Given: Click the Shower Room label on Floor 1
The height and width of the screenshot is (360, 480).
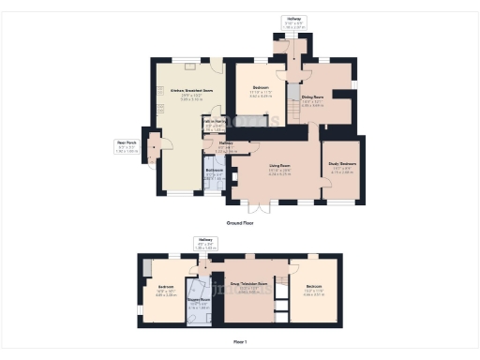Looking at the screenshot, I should pos(198,302).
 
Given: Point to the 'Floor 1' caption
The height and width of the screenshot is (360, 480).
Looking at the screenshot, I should pos(240,342).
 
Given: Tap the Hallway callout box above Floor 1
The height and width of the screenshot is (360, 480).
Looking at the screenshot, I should pos(205,243).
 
